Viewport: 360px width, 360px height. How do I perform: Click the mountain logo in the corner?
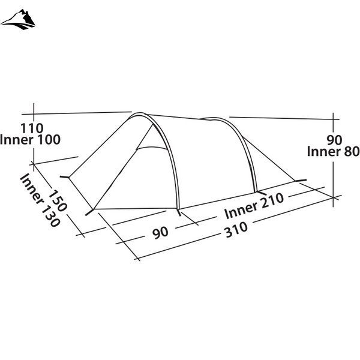[18, 20]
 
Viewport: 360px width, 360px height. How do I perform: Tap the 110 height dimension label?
[32, 128]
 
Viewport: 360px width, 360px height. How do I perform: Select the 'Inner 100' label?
[30, 140]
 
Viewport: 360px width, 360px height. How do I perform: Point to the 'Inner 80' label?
[334, 152]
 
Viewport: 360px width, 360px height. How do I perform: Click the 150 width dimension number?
[58, 200]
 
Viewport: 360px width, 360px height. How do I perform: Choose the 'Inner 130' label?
[40, 200]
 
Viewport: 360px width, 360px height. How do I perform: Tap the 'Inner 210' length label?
[254, 206]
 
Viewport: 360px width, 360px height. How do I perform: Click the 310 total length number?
[236, 229]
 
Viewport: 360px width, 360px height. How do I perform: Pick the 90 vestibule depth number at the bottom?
[160, 233]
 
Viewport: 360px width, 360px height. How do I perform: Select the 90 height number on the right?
[335, 140]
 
